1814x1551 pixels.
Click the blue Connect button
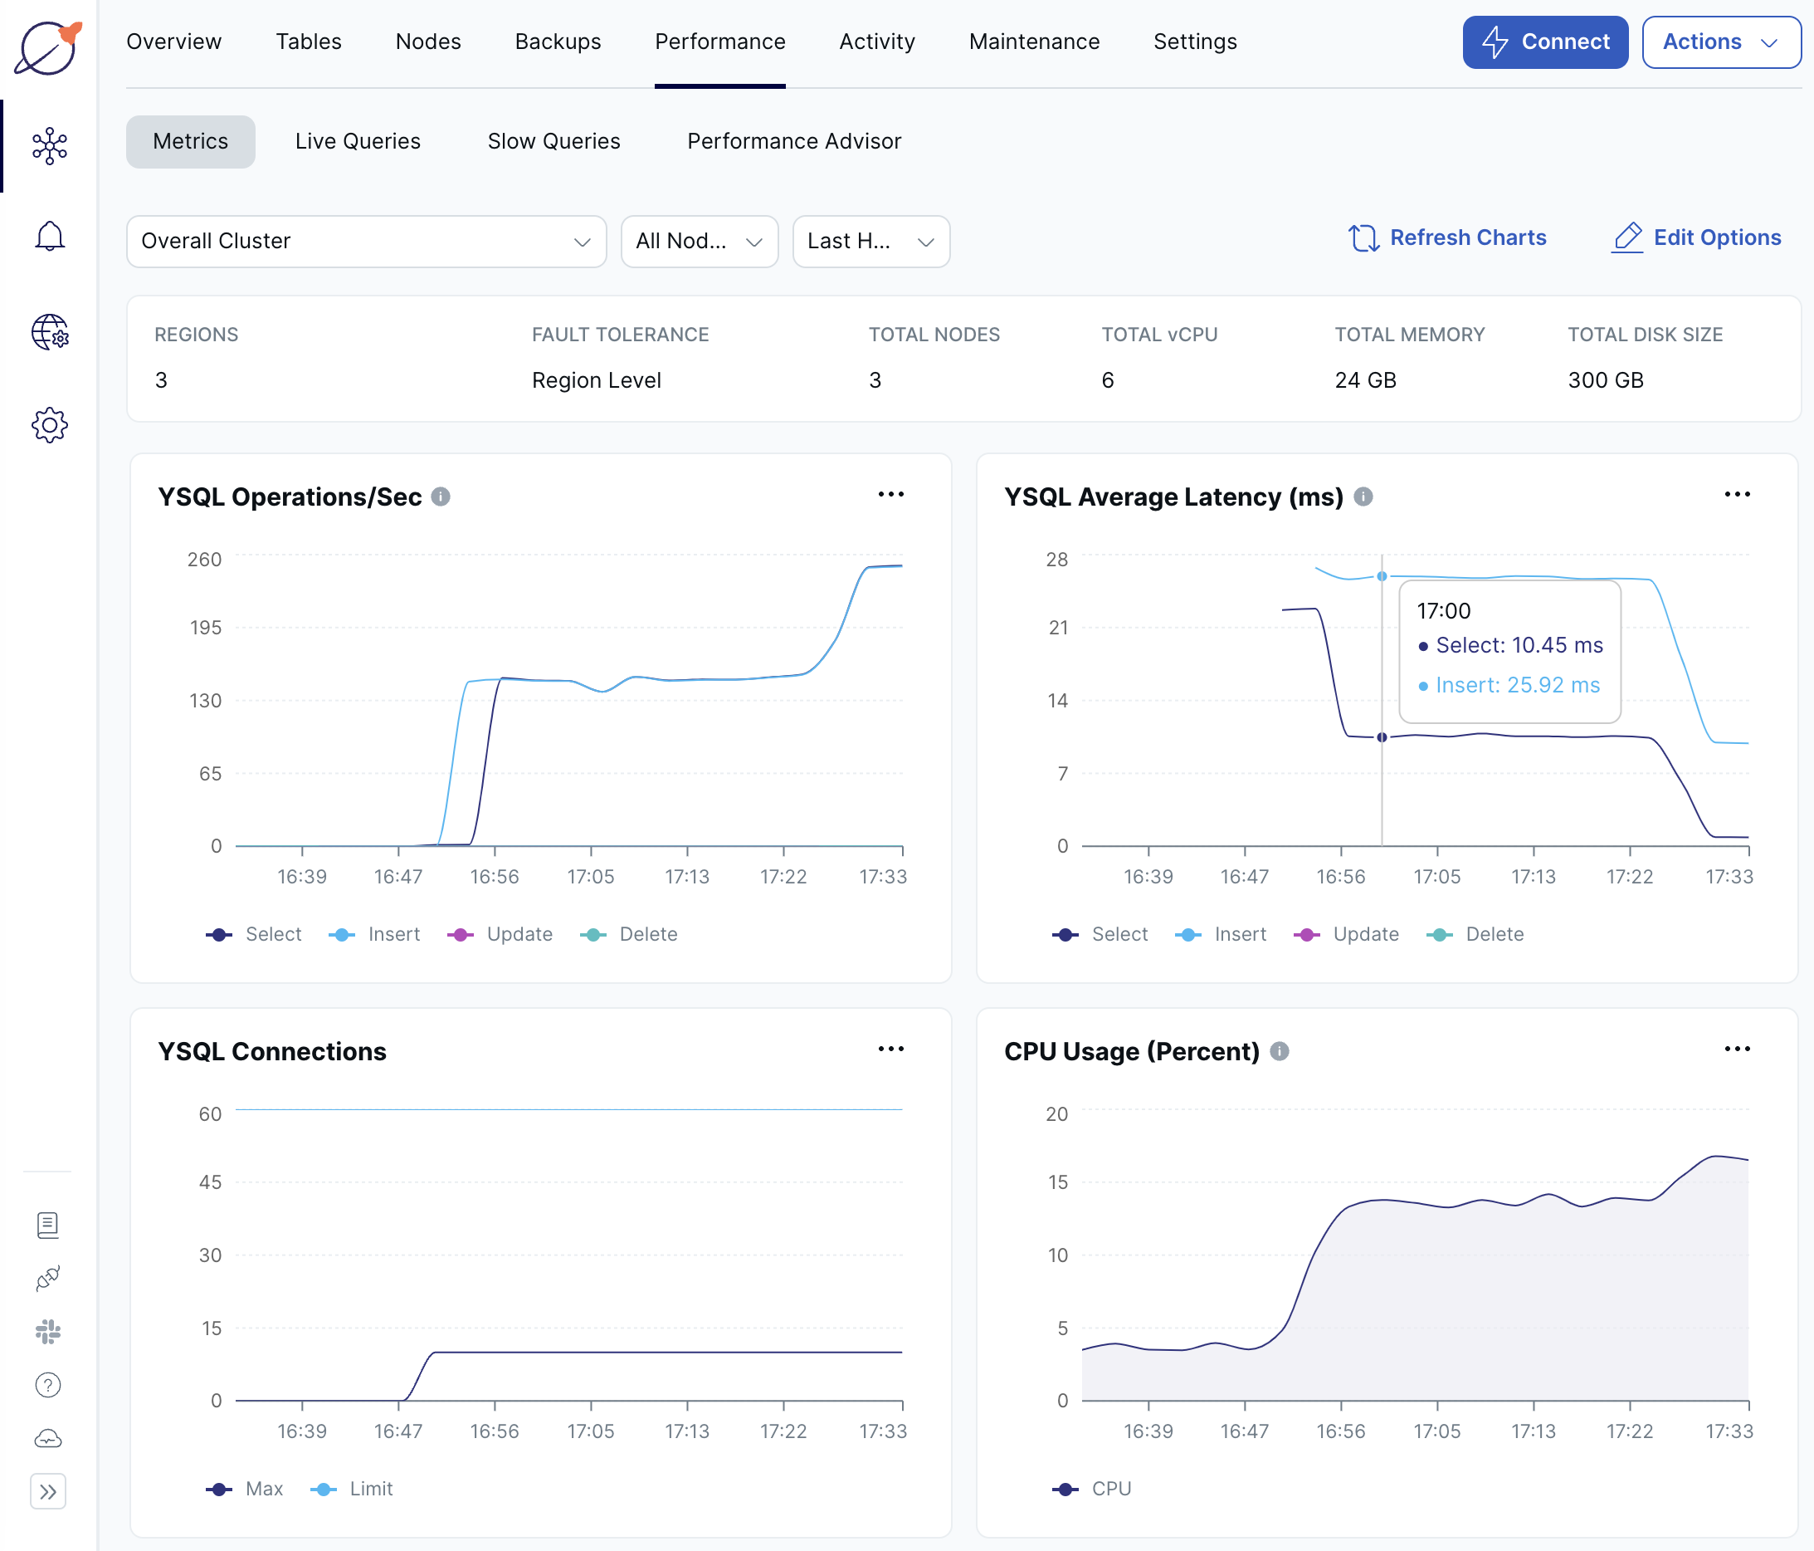pyautogui.click(x=1544, y=42)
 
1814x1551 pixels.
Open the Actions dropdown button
pyautogui.click(x=1719, y=42)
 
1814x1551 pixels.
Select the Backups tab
pyautogui.click(x=558, y=42)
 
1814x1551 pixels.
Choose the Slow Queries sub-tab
pyautogui.click(x=553, y=141)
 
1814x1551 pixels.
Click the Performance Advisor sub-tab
pyautogui.click(x=793, y=141)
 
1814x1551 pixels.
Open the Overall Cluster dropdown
pyautogui.click(x=366, y=241)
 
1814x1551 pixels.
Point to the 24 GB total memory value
pyautogui.click(x=1365, y=380)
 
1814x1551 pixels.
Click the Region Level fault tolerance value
pyautogui.click(x=596, y=380)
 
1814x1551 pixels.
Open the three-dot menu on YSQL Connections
pyautogui.click(x=890, y=1049)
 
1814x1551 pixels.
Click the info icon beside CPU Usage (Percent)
pyautogui.click(x=1279, y=1051)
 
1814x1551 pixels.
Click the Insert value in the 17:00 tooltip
pyautogui.click(x=1516, y=685)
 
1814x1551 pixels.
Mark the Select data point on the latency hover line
pyautogui.click(x=1382, y=737)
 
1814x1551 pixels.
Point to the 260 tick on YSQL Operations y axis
pyautogui.click(x=204, y=560)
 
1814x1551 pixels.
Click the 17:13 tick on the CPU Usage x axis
pyautogui.click(x=1533, y=1431)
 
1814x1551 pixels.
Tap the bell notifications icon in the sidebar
pyautogui.click(x=50, y=236)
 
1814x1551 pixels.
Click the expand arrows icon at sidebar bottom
pyautogui.click(x=48, y=1491)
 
